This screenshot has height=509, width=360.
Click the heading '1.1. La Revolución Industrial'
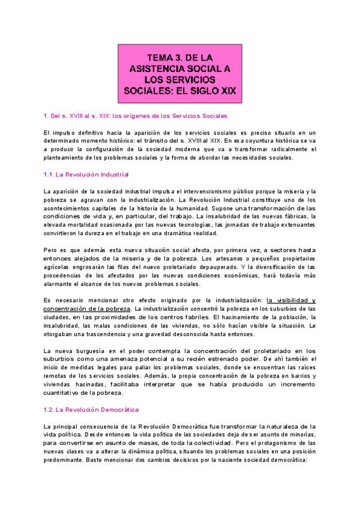pos(86,175)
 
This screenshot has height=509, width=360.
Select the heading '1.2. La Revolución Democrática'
pos(91,409)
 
